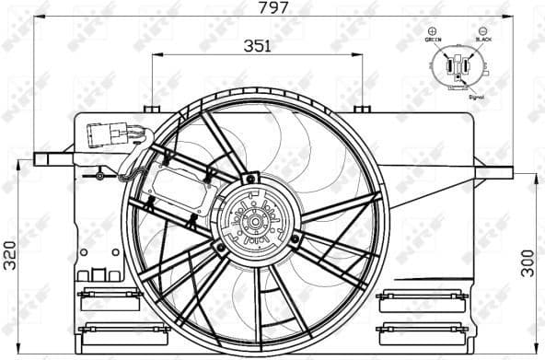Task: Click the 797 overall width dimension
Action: (272, 8)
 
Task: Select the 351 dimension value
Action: (257, 46)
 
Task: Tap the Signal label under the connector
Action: (477, 95)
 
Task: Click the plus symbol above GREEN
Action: (433, 31)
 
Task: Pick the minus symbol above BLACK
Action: (484, 31)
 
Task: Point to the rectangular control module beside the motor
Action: (180, 191)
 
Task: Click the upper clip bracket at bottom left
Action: (110, 298)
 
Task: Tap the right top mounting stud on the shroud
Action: (363, 110)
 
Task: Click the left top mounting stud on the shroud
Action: (153, 110)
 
